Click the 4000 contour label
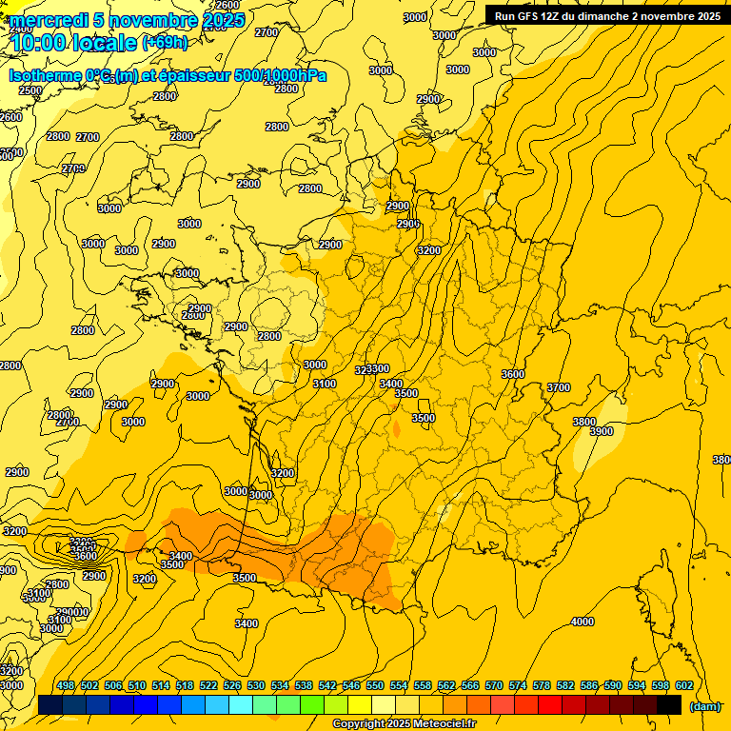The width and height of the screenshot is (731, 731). point(581,622)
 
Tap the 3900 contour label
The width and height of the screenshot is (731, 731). point(602,431)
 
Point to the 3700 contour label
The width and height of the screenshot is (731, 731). point(559,387)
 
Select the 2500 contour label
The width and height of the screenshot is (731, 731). point(30,90)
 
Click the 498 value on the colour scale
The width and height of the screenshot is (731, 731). point(66,686)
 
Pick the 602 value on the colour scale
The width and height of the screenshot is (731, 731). point(684,686)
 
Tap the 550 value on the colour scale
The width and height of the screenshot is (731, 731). point(375,686)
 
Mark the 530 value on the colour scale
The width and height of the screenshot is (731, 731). point(256,686)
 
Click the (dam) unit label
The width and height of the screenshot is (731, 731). point(704,706)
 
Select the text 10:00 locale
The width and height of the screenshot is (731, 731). point(74,42)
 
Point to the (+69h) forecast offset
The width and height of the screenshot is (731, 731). point(165,42)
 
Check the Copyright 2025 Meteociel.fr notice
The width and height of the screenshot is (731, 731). point(404,724)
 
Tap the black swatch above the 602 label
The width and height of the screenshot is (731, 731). point(669,705)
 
